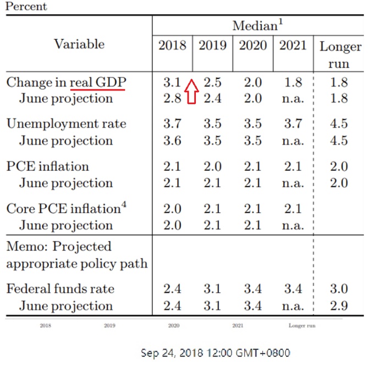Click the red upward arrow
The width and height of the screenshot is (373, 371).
pos(190,91)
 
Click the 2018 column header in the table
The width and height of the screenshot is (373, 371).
pos(172,45)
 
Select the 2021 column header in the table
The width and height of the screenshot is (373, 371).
pos(293,45)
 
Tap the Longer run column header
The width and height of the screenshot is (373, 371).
pos(339,55)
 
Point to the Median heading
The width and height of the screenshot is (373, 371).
pos(257,25)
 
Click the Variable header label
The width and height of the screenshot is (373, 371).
pos(79,45)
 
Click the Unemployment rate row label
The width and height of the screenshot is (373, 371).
pos(66,123)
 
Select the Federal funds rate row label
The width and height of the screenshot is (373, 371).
pos(59,289)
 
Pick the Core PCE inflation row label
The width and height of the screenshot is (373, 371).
pos(63,208)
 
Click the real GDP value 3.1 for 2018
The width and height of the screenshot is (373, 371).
pos(172,82)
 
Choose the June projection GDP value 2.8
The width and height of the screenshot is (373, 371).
pos(172,99)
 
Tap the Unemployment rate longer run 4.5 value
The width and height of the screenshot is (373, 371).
pos(339,123)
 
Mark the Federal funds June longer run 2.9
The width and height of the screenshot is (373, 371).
pos(339,305)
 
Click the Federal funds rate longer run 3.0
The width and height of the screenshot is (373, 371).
pos(339,289)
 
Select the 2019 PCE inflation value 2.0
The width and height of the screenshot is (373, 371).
pos(212,166)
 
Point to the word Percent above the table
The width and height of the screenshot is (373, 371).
pos(26,7)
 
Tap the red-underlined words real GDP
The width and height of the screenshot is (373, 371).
pos(98,82)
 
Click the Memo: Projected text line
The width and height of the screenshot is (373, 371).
pos(59,246)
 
